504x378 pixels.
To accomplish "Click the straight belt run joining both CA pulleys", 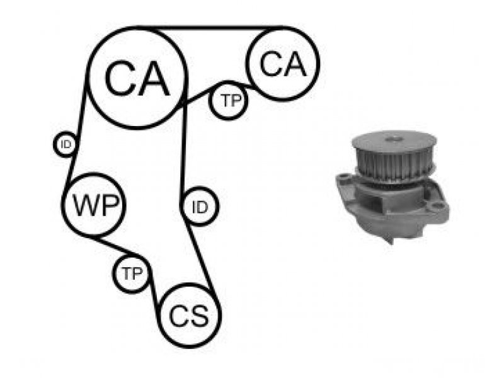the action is point(210,28).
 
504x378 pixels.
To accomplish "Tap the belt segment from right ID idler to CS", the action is point(202,257).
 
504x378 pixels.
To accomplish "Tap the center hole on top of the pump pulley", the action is point(394,139).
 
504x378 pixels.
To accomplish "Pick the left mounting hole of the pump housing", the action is point(344,176).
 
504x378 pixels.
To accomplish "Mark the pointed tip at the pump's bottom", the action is point(391,243).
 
